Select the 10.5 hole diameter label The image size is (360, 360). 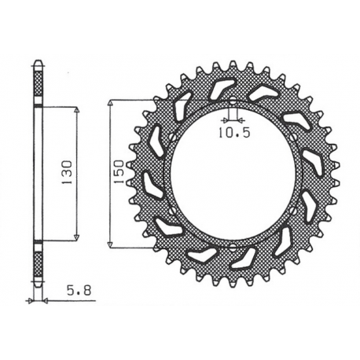tap(234, 133)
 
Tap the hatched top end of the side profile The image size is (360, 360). tap(37, 79)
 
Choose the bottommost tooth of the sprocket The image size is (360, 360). tap(233, 281)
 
